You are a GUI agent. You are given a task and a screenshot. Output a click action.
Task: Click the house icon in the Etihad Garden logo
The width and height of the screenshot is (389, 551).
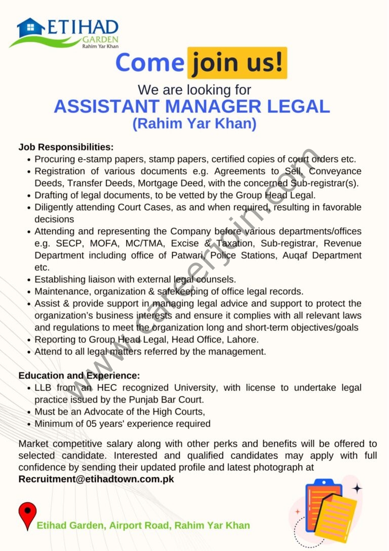(30, 27)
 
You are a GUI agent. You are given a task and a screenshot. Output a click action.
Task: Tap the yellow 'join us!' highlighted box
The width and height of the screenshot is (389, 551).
(237, 63)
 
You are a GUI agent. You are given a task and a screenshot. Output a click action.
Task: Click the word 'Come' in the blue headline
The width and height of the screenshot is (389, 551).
(149, 63)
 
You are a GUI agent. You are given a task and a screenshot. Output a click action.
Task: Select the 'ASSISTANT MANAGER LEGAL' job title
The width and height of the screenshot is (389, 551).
(192, 106)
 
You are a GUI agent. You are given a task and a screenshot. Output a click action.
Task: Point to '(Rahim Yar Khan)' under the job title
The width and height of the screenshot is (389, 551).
(194, 124)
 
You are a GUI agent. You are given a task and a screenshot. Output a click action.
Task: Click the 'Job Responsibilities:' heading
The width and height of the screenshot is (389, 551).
(66, 147)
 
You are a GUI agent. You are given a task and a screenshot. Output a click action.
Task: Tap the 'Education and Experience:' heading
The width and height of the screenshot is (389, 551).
(79, 376)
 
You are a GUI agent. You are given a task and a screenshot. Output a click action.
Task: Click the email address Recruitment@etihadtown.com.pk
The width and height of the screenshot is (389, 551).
(96, 479)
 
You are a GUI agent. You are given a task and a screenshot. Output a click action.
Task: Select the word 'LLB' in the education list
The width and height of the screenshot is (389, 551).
(44, 388)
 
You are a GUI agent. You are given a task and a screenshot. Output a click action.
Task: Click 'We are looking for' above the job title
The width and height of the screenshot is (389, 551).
(194, 90)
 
